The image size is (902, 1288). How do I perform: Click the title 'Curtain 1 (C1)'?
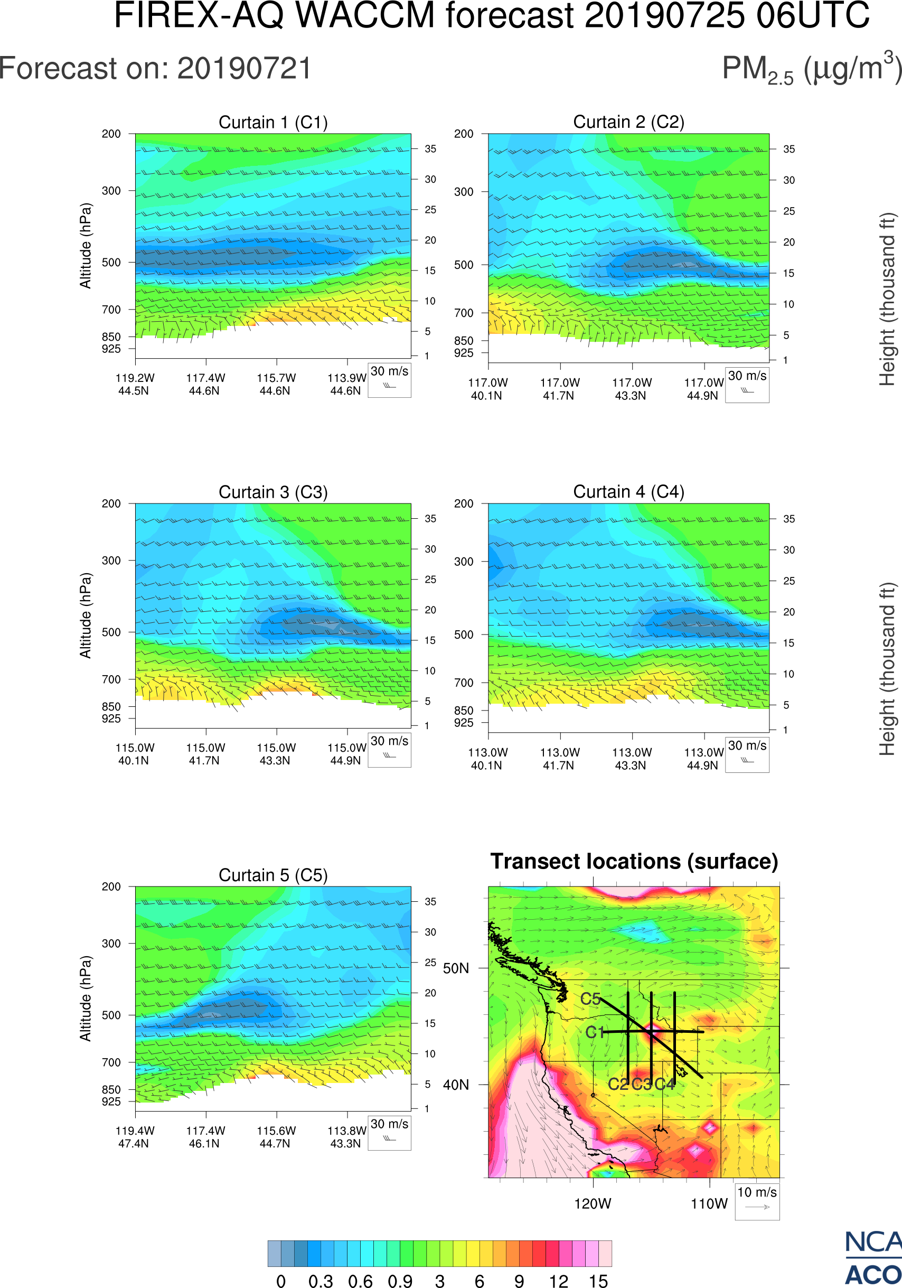click(x=273, y=122)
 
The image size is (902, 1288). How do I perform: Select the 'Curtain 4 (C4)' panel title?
click(x=628, y=492)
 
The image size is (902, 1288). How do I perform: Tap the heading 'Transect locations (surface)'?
click(x=634, y=861)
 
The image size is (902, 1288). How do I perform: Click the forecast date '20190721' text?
click(x=245, y=69)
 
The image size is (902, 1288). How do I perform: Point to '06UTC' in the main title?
click(x=813, y=16)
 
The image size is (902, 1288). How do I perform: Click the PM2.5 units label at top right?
click(x=811, y=70)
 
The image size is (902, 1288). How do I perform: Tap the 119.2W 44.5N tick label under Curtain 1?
click(x=135, y=384)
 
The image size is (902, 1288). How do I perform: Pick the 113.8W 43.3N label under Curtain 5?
click(x=346, y=1137)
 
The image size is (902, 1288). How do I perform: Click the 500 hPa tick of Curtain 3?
click(x=111, y=632)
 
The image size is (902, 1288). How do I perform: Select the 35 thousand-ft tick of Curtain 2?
click(x=789, y=149)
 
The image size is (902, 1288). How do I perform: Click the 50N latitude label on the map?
click(x=456, y=969)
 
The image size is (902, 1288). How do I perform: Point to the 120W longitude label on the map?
click(x=593, y=1204)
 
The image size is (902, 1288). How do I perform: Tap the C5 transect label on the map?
click(x=590, y=999)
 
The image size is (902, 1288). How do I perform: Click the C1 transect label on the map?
click(x=595, y=1032)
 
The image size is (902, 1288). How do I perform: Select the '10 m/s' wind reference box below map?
click(x=757, y=1200)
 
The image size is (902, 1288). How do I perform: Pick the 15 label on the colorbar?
click(x=598, y=1280)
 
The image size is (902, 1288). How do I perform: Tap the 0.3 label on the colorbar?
click(x=321, y=1280)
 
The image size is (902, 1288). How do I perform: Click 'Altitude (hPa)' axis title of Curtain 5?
click(x=85, y=998)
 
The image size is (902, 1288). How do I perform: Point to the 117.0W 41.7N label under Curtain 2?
click(x=559, y=389)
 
